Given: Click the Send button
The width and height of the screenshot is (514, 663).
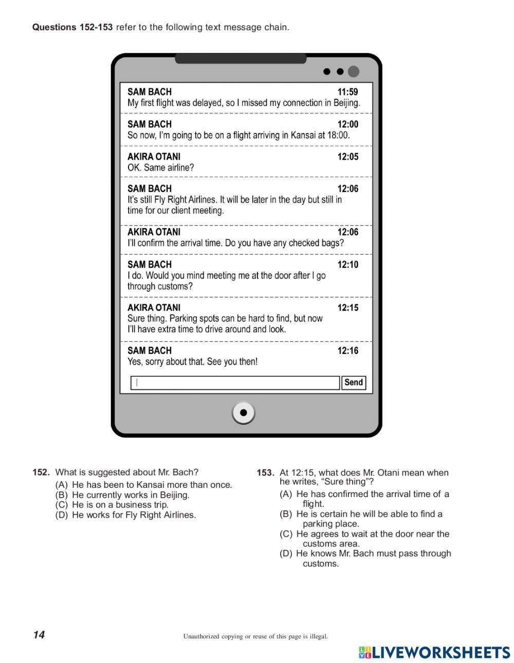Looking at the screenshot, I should [x=353, y=383].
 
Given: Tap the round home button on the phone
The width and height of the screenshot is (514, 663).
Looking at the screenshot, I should [x=243, y=412].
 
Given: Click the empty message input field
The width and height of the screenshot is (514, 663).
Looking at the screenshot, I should [x=235, y=383].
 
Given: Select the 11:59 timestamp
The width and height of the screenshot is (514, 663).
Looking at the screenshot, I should [x=347, y=92].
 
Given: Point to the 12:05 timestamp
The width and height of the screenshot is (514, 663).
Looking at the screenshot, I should [x=347, y=157].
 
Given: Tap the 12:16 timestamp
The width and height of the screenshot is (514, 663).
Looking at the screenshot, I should [x=347, y=351].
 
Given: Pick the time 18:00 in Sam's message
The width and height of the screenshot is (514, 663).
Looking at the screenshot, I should [x=338, y=135].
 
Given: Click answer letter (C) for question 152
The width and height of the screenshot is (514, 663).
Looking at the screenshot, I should [x=61, y=505].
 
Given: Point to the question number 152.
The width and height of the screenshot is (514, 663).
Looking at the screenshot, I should [x=41, y=472].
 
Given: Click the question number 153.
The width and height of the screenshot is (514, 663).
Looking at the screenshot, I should [x=265, y=473].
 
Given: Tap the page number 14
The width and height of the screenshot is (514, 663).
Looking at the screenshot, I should [x=39, y=635].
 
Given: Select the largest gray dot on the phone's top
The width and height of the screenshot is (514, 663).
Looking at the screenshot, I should [x=354, y=71].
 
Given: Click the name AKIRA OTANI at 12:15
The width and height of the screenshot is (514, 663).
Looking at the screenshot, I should [x=154, y=308].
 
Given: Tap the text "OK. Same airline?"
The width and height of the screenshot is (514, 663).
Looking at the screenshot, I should [x=160, y=167].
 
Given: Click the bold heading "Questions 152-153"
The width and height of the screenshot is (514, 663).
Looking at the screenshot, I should [x=72, y=27].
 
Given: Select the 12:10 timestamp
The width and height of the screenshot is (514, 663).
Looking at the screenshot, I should [x=347, y=264].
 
